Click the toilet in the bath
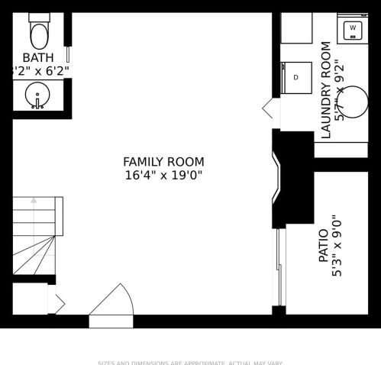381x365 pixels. pyautogui.click(x=38, y=32)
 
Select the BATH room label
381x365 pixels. pyautogui.click(x=38, y=57)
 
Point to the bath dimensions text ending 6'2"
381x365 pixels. pyautogui.click(x=42, y=71)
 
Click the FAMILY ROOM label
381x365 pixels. pyautogui.click(x=163, y=161)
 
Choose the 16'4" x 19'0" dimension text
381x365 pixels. pyautogui.click(x=163, y=175)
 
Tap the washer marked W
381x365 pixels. pyautogui.click(x=353, y=29)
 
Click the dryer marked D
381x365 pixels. pyautogui.click(x=296, y=77)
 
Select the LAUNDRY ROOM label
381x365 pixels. pyautogui.click(x=325, y=90)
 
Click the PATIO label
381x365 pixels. pyautogui.click(x=323, y=246)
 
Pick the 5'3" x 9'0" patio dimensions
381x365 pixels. pyautogui.click(x=337, y=246)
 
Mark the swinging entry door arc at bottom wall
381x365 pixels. pyautogui.click(x=113, y=301)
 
